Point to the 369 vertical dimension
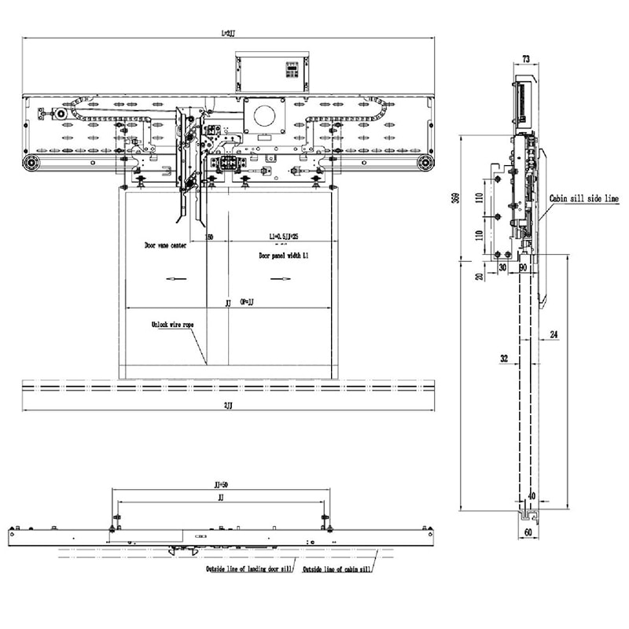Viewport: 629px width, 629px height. click(x=455, y=199)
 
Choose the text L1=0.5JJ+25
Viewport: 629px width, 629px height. click(x=283, y=236)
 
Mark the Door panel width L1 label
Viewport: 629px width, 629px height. click(x=287, y=256)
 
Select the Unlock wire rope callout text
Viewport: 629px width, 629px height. click(x=171, y=324)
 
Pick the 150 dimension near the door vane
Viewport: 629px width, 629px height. click(x=209, y=236)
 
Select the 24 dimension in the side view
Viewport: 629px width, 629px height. click(x=554, y=335)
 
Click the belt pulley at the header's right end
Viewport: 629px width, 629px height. click(x=426, y=163)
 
